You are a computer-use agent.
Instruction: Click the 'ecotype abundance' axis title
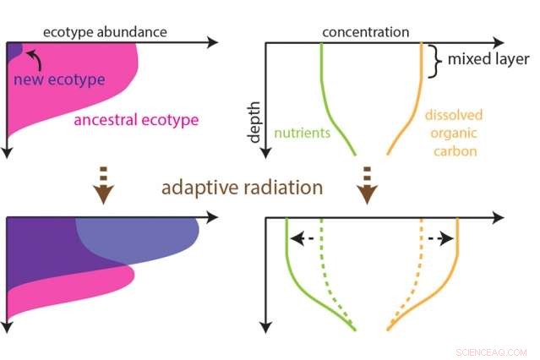coord(105,32)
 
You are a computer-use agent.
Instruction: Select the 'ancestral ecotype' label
coord(136,120)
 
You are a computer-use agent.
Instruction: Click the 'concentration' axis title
coord(365,32)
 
